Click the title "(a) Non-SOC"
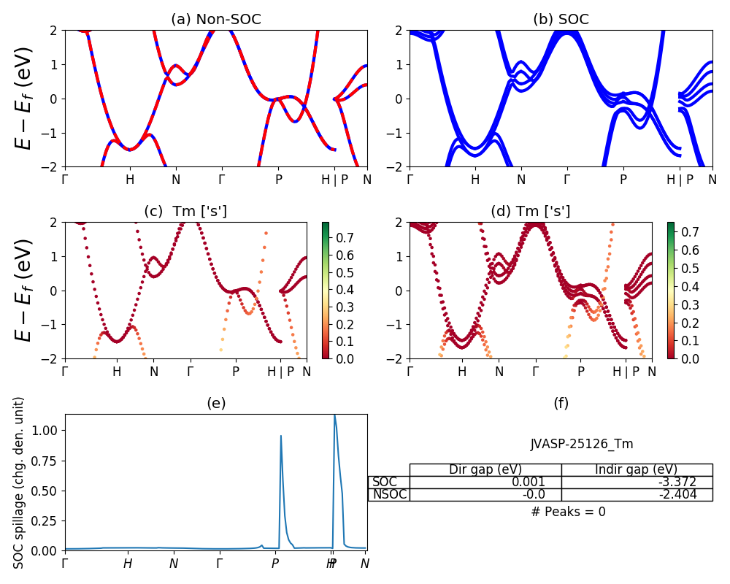click(215, 20)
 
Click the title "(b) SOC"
click(561, 20)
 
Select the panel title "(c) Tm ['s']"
click(185, 212)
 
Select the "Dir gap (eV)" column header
click(485, 469)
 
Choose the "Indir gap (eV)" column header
click(637, 469)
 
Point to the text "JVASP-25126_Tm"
click(581, 444)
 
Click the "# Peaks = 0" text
click(568, 512)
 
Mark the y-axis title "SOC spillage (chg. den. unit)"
click(20, 483)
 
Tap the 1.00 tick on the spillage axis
click(45, 430)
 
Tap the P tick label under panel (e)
click(275, 564)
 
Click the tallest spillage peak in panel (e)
click(334, 416)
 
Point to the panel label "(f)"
click(561, 403)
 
